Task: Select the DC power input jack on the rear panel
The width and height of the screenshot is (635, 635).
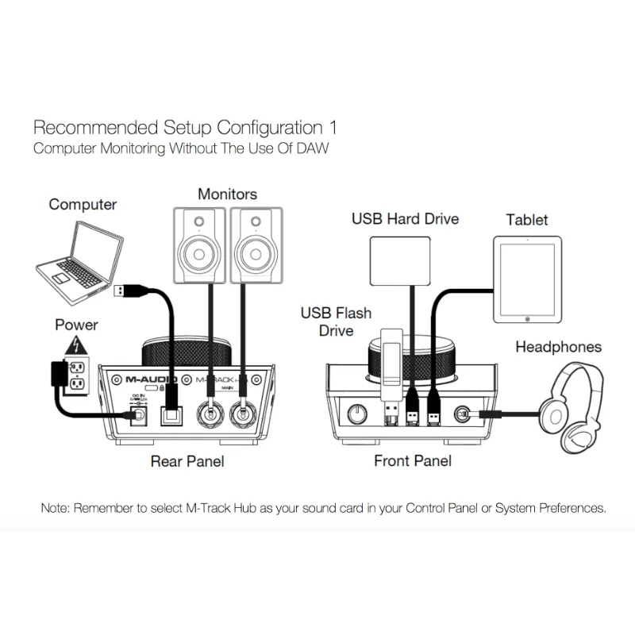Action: (x=137, y=414)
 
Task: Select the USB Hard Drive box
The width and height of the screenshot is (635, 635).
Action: (x=400, y=260)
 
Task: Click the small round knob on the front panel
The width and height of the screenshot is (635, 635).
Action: (x=359, y=414)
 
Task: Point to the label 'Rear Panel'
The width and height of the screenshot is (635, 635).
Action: (x=187, y=461)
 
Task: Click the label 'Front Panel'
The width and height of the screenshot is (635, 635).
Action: (x=412, y=461)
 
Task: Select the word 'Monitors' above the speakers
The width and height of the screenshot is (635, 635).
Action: (x=227, y=194)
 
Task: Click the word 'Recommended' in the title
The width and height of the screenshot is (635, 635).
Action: (x=84, y=127)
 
